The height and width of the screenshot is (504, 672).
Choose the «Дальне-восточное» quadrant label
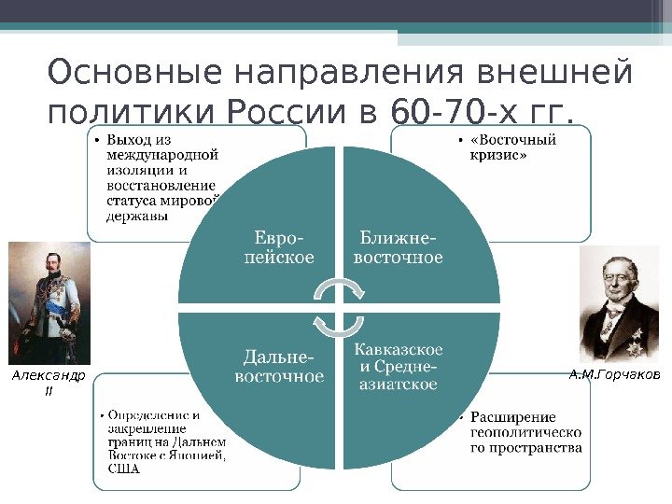point(278,367)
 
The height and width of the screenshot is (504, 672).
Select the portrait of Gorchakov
point(621,303)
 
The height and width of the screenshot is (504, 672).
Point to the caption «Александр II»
point(48,383)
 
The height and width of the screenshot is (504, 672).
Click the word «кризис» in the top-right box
point(497,156)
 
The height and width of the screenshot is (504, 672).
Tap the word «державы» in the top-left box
point(138,216)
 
